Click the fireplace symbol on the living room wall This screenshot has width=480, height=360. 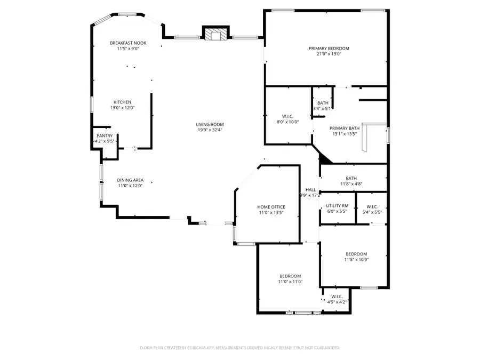pyautogui.click(x=215, y=34)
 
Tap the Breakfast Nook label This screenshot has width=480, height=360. pyautogui.click(x=128, y=43)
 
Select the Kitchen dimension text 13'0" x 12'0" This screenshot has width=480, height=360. pyautogui.click(x=122, y=108)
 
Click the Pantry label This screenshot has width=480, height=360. pyautogui.click(x=105, y=136)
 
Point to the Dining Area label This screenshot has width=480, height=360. pyautogui.click(x=131, y=180)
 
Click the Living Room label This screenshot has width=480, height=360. pyautogui.click(x=210, y=124)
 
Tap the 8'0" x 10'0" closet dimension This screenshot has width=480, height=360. pyautogui.click(x=287, y=122)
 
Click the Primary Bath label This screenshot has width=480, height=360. pyautogui.click(x=345, y=128)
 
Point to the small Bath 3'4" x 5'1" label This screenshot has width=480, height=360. pyautogui.click(x=323, y=103)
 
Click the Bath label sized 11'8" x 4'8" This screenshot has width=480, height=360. pyautogui.click(x=351, y=179)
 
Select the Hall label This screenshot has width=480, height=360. pyautogui.click(x=310, y=190)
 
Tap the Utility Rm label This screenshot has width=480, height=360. pyautogui.click(x=337, y=205)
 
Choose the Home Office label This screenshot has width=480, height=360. pyautogui.click(x=271, y=207)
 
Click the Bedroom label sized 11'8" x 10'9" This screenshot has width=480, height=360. pyautogui.click(x=356, y=254)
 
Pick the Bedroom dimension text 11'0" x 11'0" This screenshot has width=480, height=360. pyautogui.click(x=290, y=282)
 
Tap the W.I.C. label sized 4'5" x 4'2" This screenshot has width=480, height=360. pyautogui.click(x=337, y=297)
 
